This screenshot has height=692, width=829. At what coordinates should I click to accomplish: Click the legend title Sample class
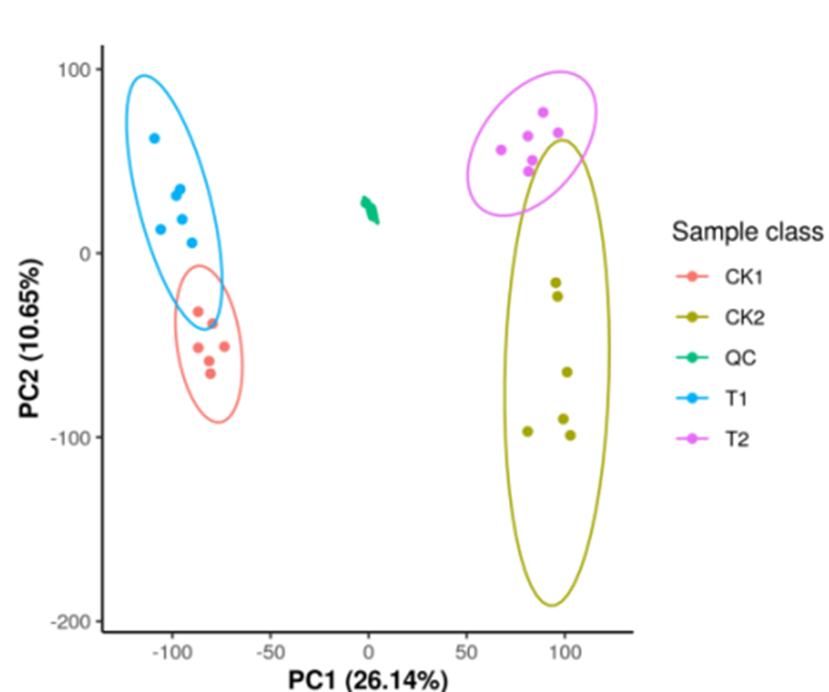[748, 232]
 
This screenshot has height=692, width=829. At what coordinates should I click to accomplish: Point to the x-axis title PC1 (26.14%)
[368, 680]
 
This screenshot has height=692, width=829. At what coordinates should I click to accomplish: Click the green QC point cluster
[371, 210]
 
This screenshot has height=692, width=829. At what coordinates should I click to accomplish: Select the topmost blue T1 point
[154, 138]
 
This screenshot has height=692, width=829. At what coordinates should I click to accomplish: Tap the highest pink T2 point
[543, 112]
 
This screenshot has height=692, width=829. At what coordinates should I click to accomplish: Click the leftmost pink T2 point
[501, 150]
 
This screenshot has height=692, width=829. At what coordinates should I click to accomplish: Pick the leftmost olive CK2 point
[528, 431]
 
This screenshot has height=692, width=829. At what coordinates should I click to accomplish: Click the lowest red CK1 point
[210, 374]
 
